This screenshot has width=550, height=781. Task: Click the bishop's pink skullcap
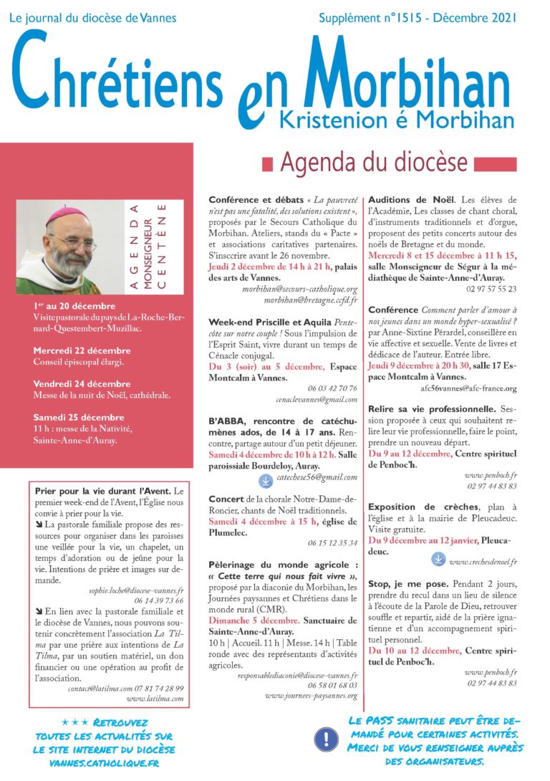[66, 214]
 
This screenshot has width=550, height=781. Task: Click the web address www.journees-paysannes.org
[312, 694]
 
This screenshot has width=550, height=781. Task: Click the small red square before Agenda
[267, 166]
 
